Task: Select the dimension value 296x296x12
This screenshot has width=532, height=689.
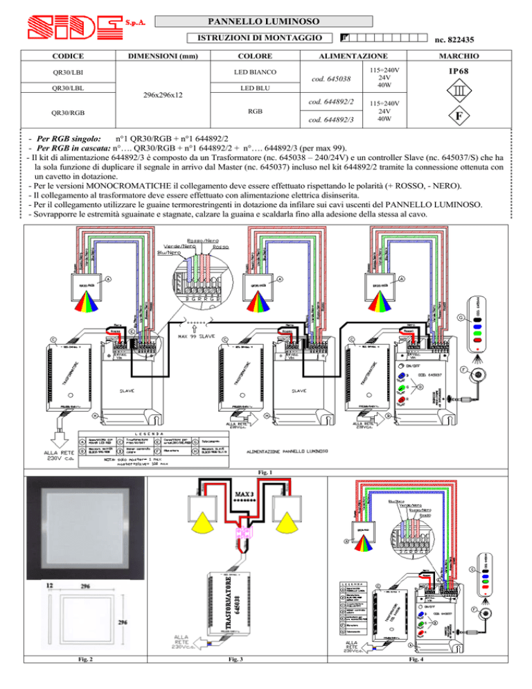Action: pyautogui.click(x=161, y=94)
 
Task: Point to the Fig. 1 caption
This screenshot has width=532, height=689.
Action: pyautogui.click(x=267, y=472)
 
